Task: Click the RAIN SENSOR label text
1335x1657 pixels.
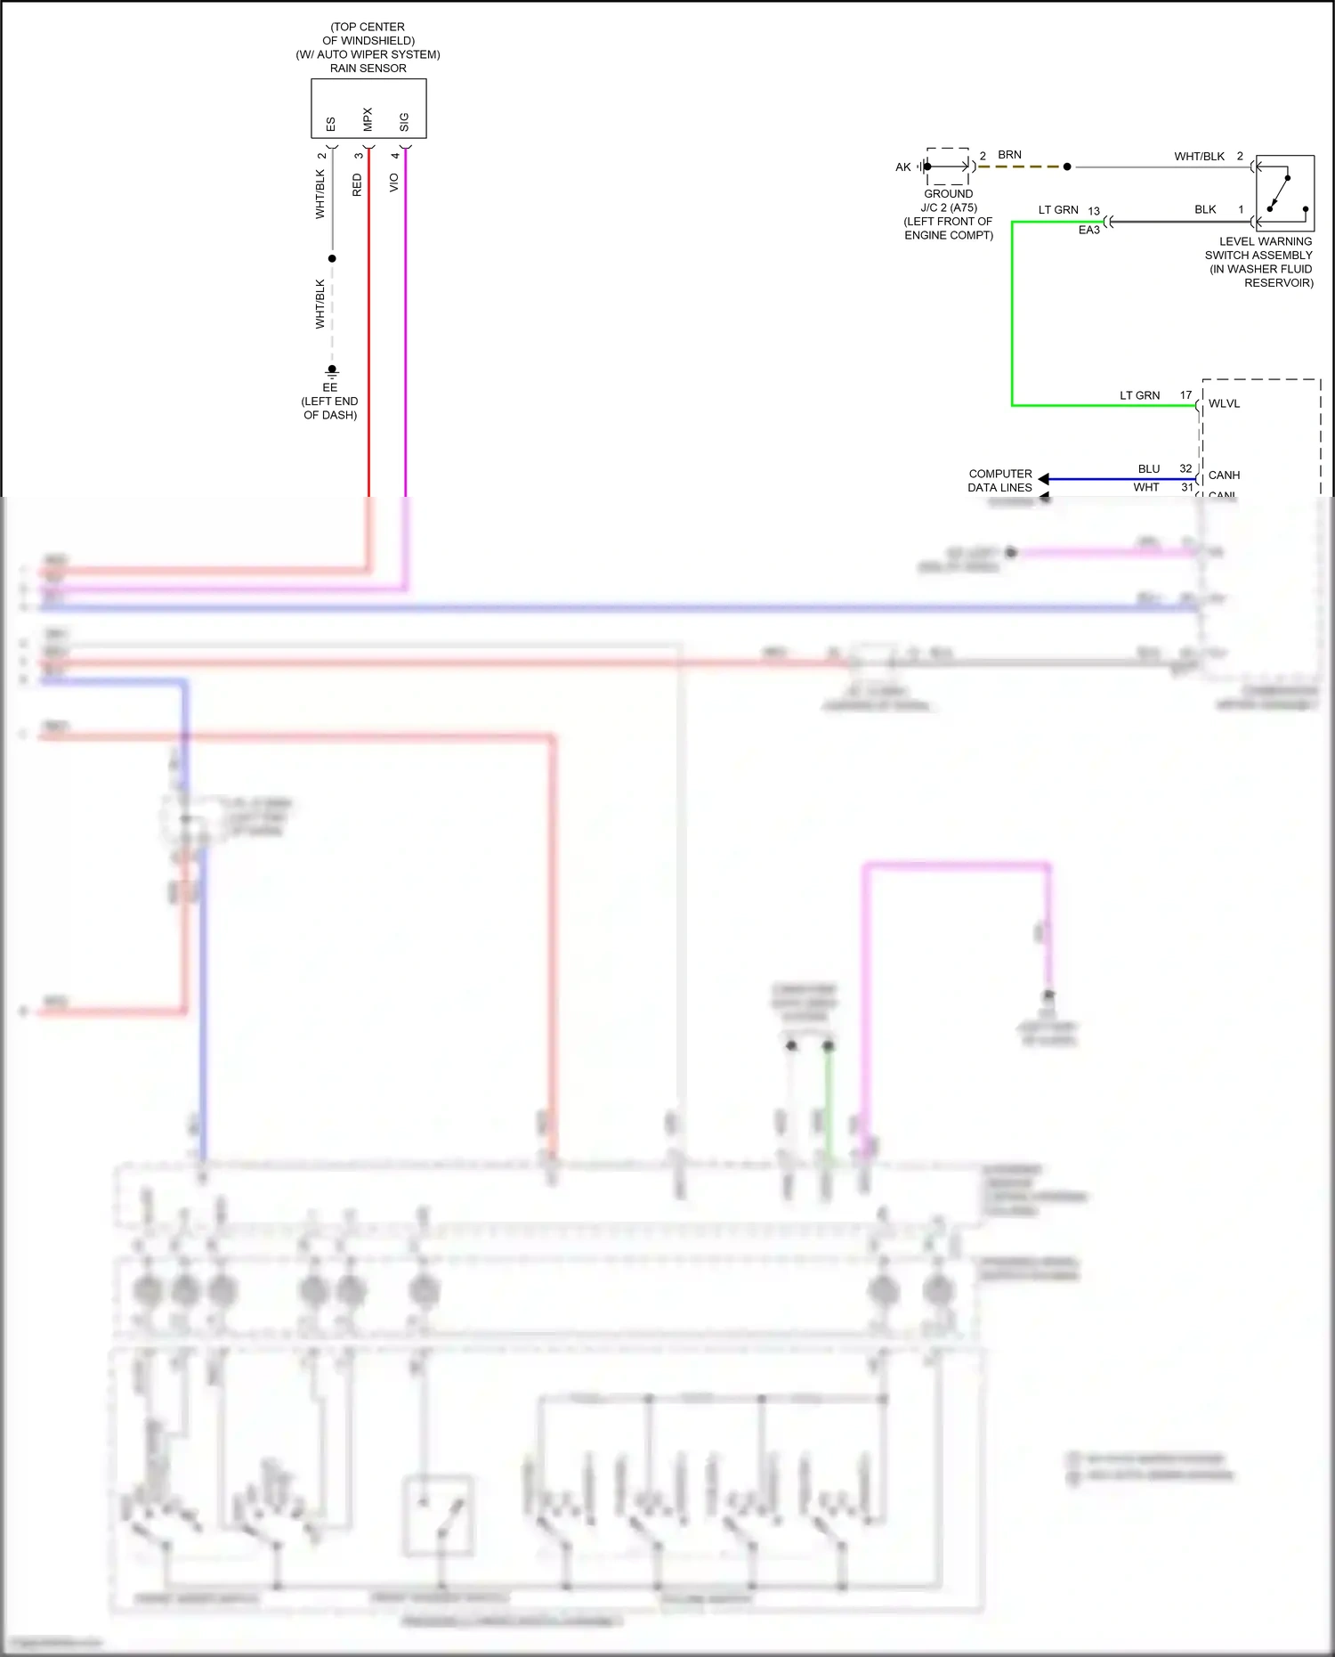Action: pos(368,69)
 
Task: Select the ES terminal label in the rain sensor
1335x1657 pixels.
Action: pos(331,124)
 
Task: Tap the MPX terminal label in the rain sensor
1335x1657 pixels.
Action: pos(368,119)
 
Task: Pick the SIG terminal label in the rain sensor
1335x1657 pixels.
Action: pos(404,122)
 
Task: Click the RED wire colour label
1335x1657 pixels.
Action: pos(358,185)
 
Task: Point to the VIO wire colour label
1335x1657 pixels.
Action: pos(394,183)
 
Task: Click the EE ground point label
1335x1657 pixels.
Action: pos(330,387)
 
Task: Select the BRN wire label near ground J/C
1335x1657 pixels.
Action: pos(1009,155)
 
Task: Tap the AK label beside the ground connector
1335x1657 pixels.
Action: pos(903,167)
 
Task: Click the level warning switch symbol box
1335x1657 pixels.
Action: pos(1284,194)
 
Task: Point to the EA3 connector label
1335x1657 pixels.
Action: pos(1089,230)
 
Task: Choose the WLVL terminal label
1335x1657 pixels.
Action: pos(1224,404)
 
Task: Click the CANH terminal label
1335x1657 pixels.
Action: pos(1224,475)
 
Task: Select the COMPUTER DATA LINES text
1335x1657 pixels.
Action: pos(1000,481)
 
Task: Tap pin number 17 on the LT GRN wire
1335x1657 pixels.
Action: pos(1185,395)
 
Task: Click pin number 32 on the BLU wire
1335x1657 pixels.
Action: pos(1185,468)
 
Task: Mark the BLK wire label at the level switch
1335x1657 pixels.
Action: pos(1205,210)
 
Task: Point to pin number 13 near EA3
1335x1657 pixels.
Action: pos(1094,212)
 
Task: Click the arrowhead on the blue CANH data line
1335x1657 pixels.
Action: pos(1043,479)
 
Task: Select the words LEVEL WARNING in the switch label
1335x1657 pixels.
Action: pos(1265,241)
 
